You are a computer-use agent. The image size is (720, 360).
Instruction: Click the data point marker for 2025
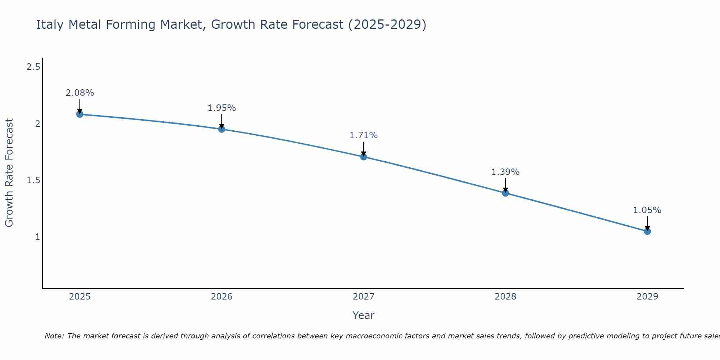[80, 114]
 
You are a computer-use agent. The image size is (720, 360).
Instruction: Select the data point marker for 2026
[222, 129]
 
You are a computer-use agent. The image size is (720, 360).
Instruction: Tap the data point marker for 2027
[364, 157]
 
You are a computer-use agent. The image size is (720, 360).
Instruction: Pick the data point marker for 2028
[505, 193]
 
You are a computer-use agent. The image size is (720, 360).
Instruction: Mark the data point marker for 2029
[647, 231]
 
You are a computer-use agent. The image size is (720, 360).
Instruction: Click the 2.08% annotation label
[80, 93]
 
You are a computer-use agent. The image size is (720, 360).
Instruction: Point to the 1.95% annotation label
[222, 108]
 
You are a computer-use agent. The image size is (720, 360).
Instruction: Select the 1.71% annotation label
[364, 135]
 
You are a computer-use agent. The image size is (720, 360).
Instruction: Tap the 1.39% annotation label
[505, 172]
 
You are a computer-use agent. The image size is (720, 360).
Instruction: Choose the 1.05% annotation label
[647, 210]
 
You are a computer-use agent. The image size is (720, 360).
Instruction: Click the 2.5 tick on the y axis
[33, 67]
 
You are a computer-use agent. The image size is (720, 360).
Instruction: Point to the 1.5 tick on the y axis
[33, 180]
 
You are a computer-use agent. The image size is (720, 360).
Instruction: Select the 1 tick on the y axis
[37, 237]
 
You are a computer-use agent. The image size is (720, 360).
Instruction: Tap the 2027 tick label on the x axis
[364, 297]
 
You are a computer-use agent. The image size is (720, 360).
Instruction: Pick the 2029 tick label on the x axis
[647, 297]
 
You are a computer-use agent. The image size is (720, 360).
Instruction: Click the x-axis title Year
[364, 315]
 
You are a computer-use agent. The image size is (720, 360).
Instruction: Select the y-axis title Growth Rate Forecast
[9, 173]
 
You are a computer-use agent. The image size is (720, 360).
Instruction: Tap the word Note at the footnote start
[54, 336]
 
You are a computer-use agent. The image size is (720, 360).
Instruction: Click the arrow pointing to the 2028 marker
[505, 185]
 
